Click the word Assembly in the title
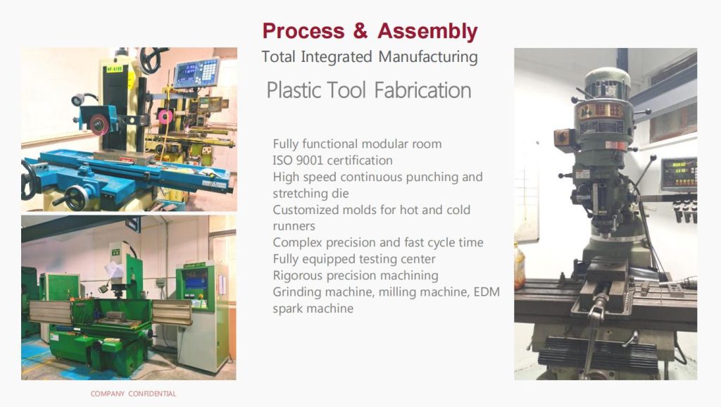click(427, 31)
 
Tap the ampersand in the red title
click(360, 31)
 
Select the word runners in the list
click(294, 226)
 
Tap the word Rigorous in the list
click(297, 275)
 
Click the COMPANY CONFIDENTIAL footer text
click(133, 394)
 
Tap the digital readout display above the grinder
click(196, 73)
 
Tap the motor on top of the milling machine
click(607, 83)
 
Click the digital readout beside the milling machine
click(678, 174)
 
